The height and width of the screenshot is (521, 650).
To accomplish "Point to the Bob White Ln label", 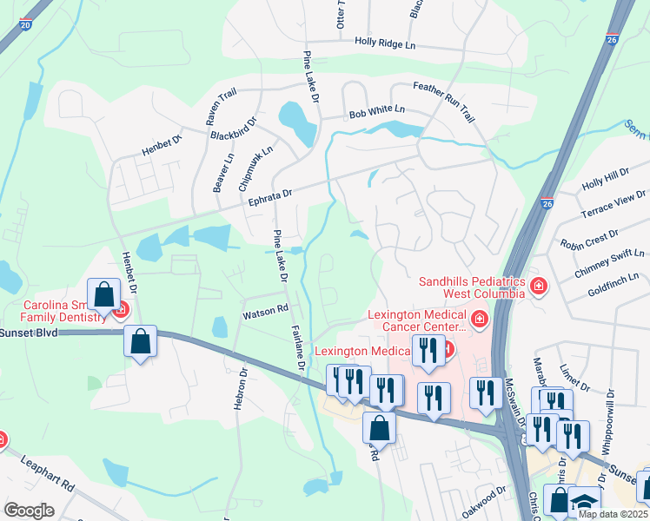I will [x=376, y=111].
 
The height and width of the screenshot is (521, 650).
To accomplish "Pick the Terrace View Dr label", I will [x=613, y=211].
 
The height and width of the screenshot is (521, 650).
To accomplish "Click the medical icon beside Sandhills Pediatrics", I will [x=539, y=285].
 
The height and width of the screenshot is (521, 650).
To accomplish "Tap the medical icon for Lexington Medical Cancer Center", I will [x=480, y=321].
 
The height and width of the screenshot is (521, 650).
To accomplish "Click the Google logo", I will [x=29, y=511].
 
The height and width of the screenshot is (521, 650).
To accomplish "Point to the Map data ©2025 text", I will [x=612, y=514].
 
